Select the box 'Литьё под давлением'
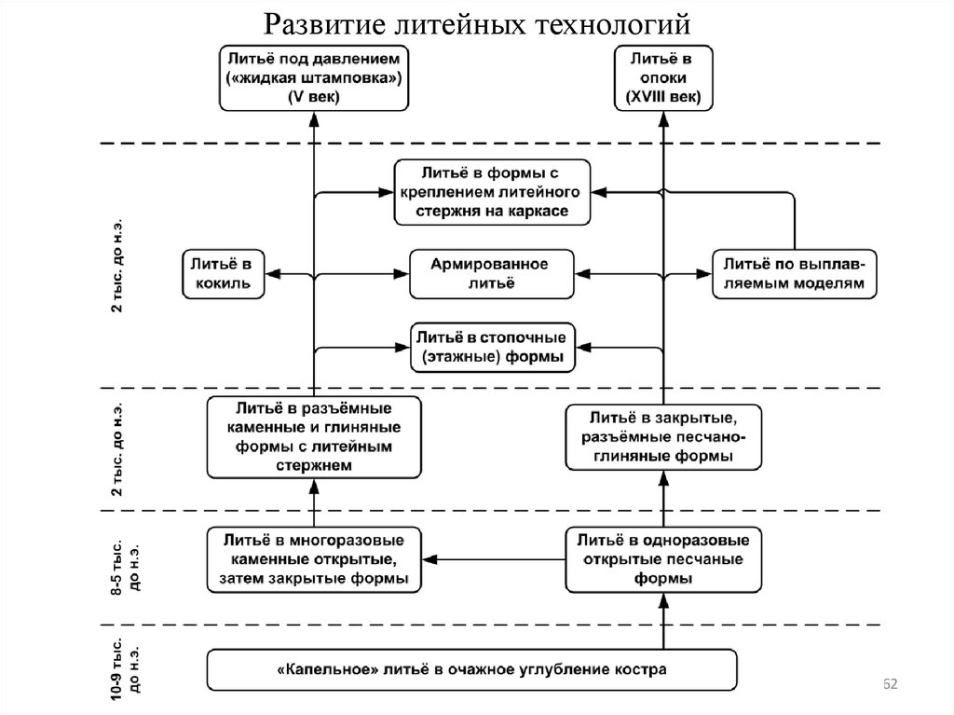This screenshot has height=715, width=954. (x=313, y=78)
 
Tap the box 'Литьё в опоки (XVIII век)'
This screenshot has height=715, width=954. (x=664, y=78)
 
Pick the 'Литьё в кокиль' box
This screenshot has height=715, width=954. (x=221, y=274)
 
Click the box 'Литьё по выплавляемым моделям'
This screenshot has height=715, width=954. (x=795, y=274)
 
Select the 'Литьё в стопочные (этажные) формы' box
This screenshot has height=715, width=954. (x=493, y=346)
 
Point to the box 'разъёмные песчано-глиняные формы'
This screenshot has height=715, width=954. (x=663, y=437)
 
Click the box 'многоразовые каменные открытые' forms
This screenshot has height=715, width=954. (x=313, y=559)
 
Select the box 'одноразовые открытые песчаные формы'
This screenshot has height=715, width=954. (x=663, y=559)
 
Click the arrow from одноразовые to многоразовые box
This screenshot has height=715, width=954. (x=494, y=559)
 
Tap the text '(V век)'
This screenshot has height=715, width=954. (x=313, y=97)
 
